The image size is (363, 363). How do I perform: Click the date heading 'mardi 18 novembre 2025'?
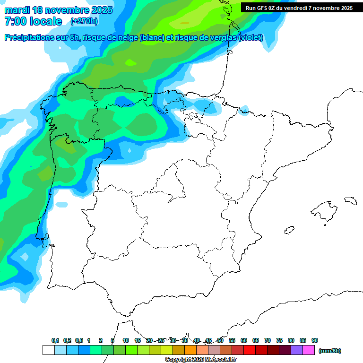58,10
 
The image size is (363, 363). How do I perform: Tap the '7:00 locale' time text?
33,21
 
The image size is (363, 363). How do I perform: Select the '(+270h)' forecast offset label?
84,21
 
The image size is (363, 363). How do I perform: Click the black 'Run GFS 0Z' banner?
299,8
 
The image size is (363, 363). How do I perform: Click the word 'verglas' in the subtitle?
222,38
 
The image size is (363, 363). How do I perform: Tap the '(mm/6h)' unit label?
330,351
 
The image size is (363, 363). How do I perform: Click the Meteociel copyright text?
200,360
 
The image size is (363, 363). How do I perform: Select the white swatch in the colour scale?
48,350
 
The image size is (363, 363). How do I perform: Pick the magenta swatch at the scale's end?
309,350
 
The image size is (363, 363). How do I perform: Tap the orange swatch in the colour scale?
190,350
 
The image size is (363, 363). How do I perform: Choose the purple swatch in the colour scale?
297,350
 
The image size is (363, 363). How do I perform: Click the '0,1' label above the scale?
55,340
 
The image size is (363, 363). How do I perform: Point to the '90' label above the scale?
315,340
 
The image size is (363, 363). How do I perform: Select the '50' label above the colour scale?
220,340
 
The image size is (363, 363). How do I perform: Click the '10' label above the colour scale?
126,340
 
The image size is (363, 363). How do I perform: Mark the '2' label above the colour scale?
101,340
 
